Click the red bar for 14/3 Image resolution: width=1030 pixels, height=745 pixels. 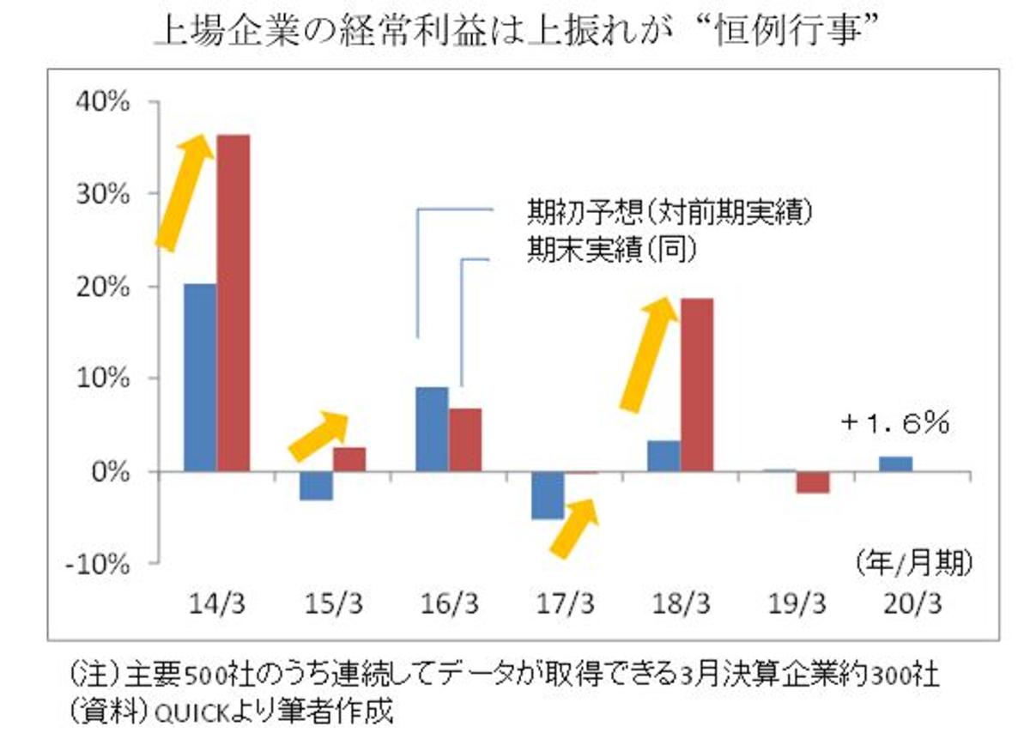click(233, 302)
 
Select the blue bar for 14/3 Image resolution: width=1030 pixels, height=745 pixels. click(200, 377)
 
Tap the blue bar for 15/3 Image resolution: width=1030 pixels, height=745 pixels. click(316, 486)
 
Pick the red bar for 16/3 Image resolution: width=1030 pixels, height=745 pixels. click(465, 439)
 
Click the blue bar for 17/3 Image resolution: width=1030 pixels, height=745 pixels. click(548, 495)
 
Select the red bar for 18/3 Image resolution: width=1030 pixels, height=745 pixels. click(696, 385)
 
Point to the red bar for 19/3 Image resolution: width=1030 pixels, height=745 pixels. click(813, 482)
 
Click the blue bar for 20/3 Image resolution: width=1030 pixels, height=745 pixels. click(896, 463)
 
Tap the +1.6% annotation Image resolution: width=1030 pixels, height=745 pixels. click(895, 423)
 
